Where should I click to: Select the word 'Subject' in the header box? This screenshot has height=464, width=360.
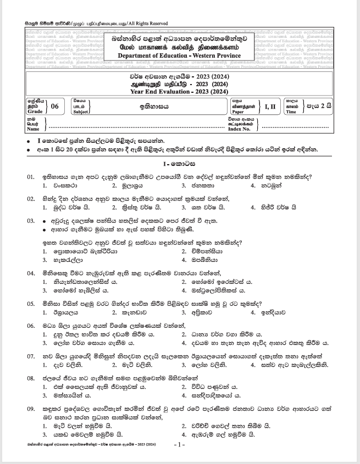(x=80, y=111)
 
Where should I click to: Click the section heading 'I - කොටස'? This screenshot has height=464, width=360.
(x=180, y=165)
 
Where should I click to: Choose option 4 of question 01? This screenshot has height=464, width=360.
(x=266, y=185)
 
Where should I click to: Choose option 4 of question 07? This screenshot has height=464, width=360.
(x=286, y=365)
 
